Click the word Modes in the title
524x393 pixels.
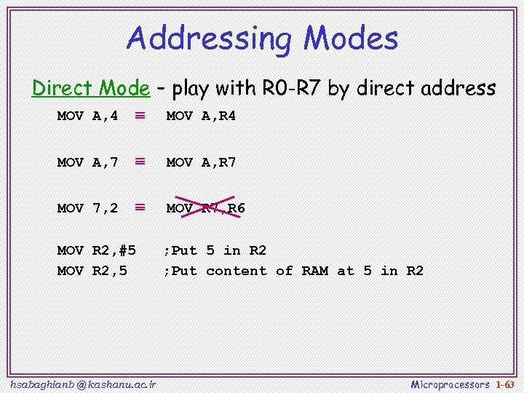tap(350, 38)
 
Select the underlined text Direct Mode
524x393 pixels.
tap(90, 89)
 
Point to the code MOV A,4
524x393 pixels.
tap(87, 116)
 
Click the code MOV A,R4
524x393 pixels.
tap(201, 116)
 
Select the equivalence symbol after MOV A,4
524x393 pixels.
tap(140, 115)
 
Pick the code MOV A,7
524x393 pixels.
tap(87, 162)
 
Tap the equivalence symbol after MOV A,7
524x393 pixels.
tap(140, 162)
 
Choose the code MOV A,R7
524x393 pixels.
tap(201, 162)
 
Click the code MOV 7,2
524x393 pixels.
tap(87, 208)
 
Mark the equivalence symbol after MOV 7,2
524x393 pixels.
tap(140, 207)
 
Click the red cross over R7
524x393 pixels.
tap(209, 207)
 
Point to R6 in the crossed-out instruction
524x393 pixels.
tap(237, 208)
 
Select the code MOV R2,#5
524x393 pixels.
tap(96, 250)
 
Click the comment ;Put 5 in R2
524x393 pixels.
tap(215, 250)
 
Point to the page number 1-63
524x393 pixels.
tap(505, 384)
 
